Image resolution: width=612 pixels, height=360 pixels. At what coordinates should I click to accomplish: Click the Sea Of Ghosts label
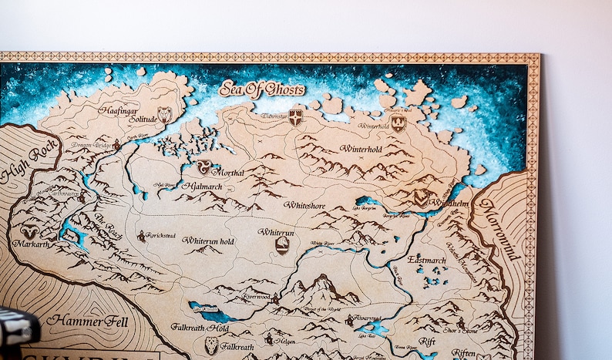click(x=261, y=89)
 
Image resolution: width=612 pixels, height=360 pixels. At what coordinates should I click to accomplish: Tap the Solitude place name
click(x=143, y=119)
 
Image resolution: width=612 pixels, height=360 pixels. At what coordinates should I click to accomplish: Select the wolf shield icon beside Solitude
click(x=164, y=116)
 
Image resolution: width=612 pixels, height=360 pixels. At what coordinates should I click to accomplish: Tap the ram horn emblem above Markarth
click(x=29, y=230)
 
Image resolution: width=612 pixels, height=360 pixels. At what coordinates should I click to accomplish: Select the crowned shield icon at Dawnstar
click(x=295, y=117)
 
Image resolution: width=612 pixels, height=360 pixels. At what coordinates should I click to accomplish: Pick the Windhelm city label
click(x=448, y=203)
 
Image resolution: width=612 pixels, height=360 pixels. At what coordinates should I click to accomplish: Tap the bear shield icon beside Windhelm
click(x=421, y=197)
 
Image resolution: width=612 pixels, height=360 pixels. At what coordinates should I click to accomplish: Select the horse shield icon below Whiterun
click(x=283, y=245)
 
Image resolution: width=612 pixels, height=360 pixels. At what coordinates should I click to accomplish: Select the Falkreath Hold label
click(x=200, y=328)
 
